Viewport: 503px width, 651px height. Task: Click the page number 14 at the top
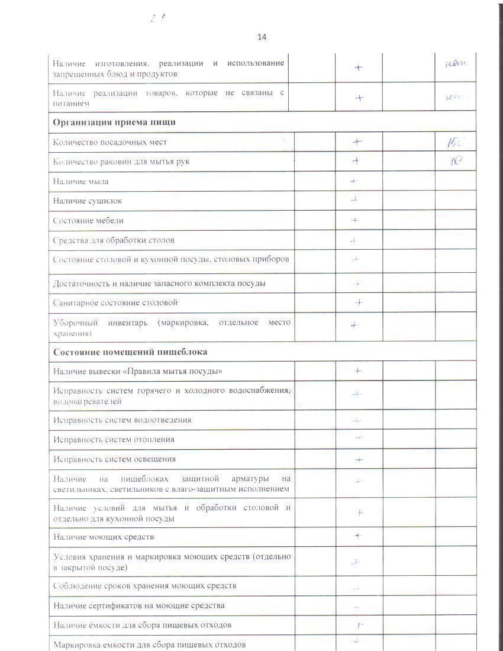[262, 37]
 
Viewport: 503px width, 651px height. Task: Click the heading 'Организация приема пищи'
[114, 123]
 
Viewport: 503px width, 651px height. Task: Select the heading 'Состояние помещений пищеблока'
[130, 352]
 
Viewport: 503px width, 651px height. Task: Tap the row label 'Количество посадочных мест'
[110, 142]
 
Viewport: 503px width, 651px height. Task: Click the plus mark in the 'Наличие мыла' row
[354, 181]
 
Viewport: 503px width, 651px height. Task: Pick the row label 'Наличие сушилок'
[88, 201]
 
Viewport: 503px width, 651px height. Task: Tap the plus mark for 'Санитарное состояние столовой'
[358, 303]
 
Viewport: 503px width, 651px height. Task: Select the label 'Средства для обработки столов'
[114, 240]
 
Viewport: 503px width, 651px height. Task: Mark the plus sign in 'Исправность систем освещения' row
[358, 460]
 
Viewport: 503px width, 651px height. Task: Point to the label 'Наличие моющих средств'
[104, 537]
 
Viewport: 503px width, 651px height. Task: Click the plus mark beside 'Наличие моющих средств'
[357, 536]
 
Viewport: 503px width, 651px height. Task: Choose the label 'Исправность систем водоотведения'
[122, 420]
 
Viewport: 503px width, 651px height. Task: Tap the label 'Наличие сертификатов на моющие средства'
[139, 606]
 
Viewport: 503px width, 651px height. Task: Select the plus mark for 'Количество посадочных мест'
[357, 142]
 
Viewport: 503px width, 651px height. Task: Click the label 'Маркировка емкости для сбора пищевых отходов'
[149, 644]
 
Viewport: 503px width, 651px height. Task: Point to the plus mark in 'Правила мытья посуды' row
[358, 371]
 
